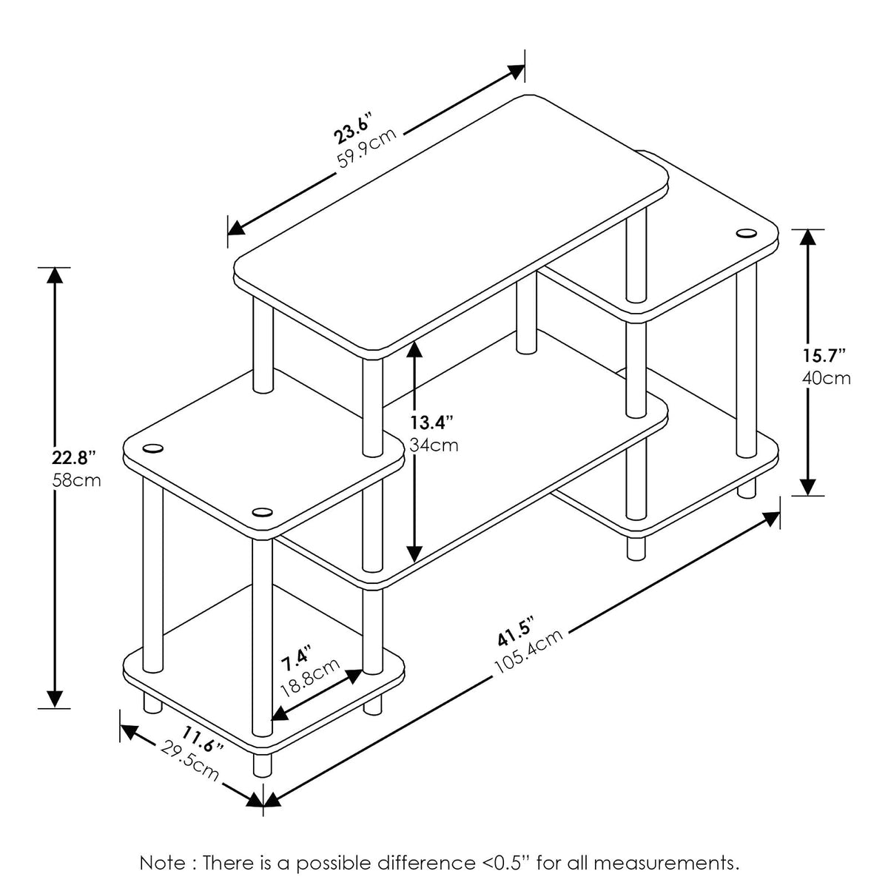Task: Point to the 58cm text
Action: coord(76,481)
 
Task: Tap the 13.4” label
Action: coord(432,422)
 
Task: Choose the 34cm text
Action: coord(434,445)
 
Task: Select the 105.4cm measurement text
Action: coord(528,650)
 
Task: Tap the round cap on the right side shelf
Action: coord(746,232)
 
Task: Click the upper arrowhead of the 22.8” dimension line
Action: coord(55,275)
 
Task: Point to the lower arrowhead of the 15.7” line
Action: coord(808,487)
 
